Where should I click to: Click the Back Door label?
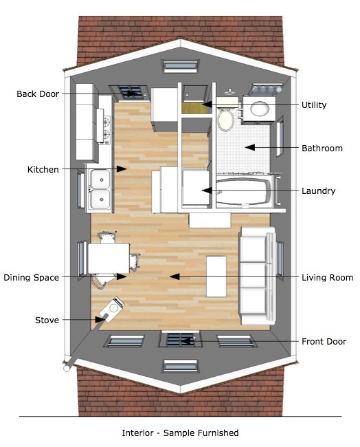(38, 94)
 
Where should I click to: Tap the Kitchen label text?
(43, 169)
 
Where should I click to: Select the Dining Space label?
(31, 278)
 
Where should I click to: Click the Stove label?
(47, 320)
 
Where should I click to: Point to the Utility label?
(314, 105)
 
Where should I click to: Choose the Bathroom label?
(322, 148)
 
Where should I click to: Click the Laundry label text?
(318, 190)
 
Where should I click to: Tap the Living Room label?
(327, 278)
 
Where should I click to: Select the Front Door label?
(324, 341)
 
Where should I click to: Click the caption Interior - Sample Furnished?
(180, 433)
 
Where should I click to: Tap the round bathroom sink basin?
(260, 109)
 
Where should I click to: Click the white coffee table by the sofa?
(216, 276)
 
